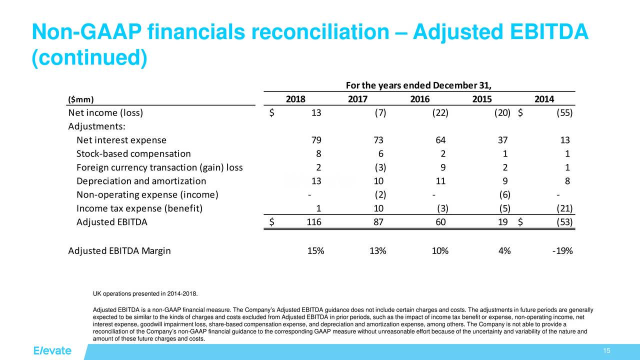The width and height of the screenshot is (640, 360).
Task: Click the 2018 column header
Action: [295, 99]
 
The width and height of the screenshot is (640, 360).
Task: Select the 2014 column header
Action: [544, 99]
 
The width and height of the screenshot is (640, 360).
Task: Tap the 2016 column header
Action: [419, 99]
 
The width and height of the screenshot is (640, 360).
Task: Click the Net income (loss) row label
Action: [105, 112]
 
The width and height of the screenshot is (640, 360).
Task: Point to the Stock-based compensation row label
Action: [133, 153]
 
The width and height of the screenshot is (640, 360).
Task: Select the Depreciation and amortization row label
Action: [141, 181]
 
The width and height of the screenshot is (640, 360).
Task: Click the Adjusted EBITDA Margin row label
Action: [119, 251]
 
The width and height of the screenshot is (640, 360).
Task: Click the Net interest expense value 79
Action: [316, 140]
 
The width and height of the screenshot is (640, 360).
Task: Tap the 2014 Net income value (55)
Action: [564, 112]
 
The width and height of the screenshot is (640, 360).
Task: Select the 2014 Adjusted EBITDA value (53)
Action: [564, 223]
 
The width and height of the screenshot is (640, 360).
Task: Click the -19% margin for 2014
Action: [562, 251]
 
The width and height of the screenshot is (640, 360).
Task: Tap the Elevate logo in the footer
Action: [52, 350]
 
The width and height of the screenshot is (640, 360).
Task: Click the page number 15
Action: [607, 350]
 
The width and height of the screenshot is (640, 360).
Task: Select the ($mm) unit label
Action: [80, 99]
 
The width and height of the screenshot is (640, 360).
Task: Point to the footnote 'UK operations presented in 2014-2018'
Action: [149, 293]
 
